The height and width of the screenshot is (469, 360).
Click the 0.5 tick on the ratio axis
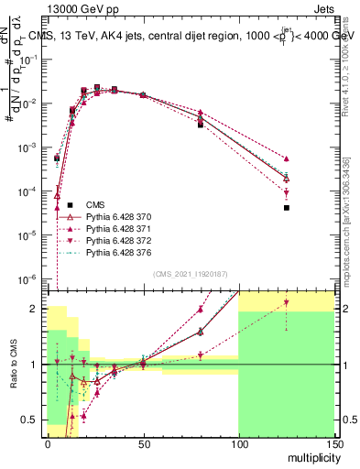pos(32,420)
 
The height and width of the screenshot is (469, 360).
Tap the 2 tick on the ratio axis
pos(38,309)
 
